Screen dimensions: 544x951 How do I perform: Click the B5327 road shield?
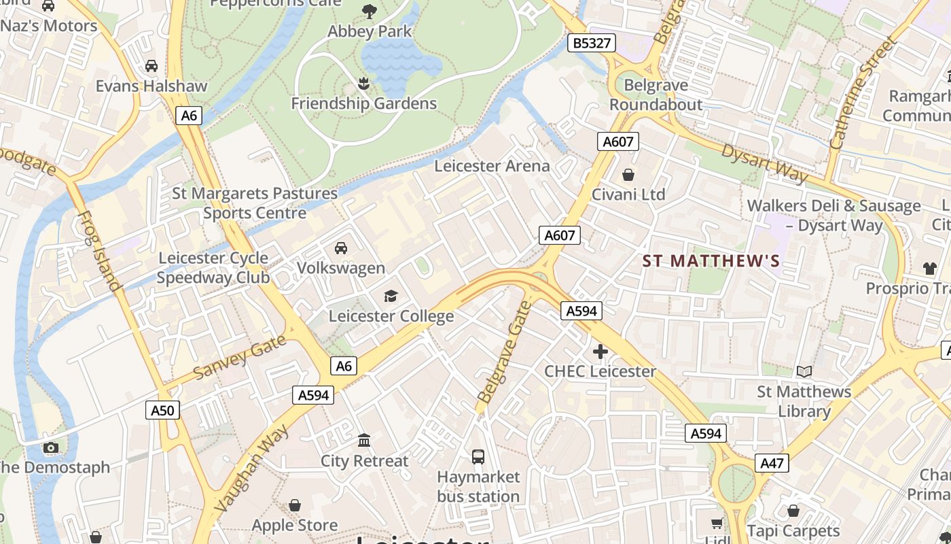[x=592, y=44]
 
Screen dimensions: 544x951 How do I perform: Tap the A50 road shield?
[x=162, y=410]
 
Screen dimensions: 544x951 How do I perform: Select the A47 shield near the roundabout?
[x=772, y=464]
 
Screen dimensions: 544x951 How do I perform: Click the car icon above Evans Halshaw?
[x=151, y=66]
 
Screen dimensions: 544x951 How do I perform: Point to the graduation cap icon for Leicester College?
[x=391, y=296]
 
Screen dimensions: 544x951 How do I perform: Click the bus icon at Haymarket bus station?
[x=478, y=456]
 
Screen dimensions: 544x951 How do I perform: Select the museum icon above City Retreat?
[x=364, y=441]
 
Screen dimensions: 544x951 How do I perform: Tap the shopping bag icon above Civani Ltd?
[x=628, y=175]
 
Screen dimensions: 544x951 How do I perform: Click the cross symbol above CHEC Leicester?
[x=600, y=352]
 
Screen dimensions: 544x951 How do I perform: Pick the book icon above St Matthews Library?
[x=804, y=371]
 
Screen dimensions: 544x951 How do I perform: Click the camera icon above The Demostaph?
[x=50, y=447]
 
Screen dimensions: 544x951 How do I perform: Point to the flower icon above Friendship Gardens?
[x=363, y=84]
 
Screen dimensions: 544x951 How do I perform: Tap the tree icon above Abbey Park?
[x=370, y=11]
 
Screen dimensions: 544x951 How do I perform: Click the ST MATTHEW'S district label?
[x=711, y=261]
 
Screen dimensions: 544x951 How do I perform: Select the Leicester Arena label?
[x=492, y=166]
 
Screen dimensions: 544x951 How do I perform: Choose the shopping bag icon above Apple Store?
[x=295, y=505]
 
